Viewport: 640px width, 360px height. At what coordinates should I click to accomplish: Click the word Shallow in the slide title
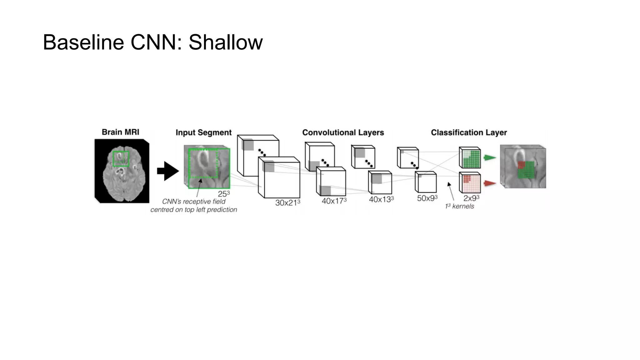225,42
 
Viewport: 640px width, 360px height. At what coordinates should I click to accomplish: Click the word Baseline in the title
83,42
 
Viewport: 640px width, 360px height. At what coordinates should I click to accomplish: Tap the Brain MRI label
120,132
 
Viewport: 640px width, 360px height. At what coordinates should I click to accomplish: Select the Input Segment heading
203,132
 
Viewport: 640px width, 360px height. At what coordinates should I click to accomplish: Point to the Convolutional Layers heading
343,132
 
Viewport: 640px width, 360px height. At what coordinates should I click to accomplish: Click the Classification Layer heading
469,132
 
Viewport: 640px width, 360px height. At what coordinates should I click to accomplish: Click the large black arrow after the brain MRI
168,171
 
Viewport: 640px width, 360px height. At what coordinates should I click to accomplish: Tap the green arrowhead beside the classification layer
490,158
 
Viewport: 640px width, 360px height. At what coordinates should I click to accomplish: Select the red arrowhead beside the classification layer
490,183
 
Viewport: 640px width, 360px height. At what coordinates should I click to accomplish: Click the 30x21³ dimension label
287,202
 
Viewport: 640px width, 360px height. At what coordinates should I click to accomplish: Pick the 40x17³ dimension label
334,201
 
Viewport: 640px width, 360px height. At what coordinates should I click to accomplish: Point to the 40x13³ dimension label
381,199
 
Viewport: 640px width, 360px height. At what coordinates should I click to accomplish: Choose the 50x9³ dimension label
427,198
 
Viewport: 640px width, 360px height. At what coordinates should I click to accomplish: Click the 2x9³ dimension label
471,198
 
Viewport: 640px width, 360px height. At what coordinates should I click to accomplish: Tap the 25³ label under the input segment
224,194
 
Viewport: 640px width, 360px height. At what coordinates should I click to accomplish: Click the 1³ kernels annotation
459,206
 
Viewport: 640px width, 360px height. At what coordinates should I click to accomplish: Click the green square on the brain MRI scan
121,159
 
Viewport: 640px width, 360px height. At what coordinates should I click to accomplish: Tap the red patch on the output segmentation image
521,165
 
